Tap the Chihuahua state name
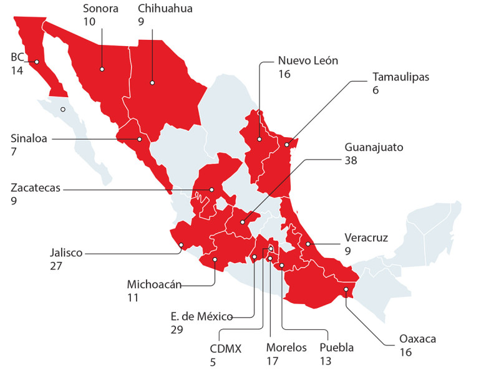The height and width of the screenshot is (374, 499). click(x=165, y=8)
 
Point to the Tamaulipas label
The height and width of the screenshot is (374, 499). click(x=401, y=77)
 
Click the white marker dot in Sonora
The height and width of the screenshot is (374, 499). click(x=102, y=69)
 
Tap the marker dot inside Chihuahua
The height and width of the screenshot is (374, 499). click(x=152, y=81)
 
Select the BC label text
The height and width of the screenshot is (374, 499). click(x=17, y=57)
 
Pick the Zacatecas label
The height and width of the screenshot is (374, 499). click(x=36, y=188)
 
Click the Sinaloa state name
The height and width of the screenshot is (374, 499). click(x=30, y=138)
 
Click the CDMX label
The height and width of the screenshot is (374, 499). click(x=225, y=348)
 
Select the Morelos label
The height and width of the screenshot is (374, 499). click(x=286, y=348)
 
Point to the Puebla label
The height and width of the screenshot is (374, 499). click(x=336, y=348)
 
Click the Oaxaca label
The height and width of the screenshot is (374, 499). click(x=418, y=339)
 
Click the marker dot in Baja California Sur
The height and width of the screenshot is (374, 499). click(x=62, y=110)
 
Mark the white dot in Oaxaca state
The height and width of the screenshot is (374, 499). click(x=345, y=289)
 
